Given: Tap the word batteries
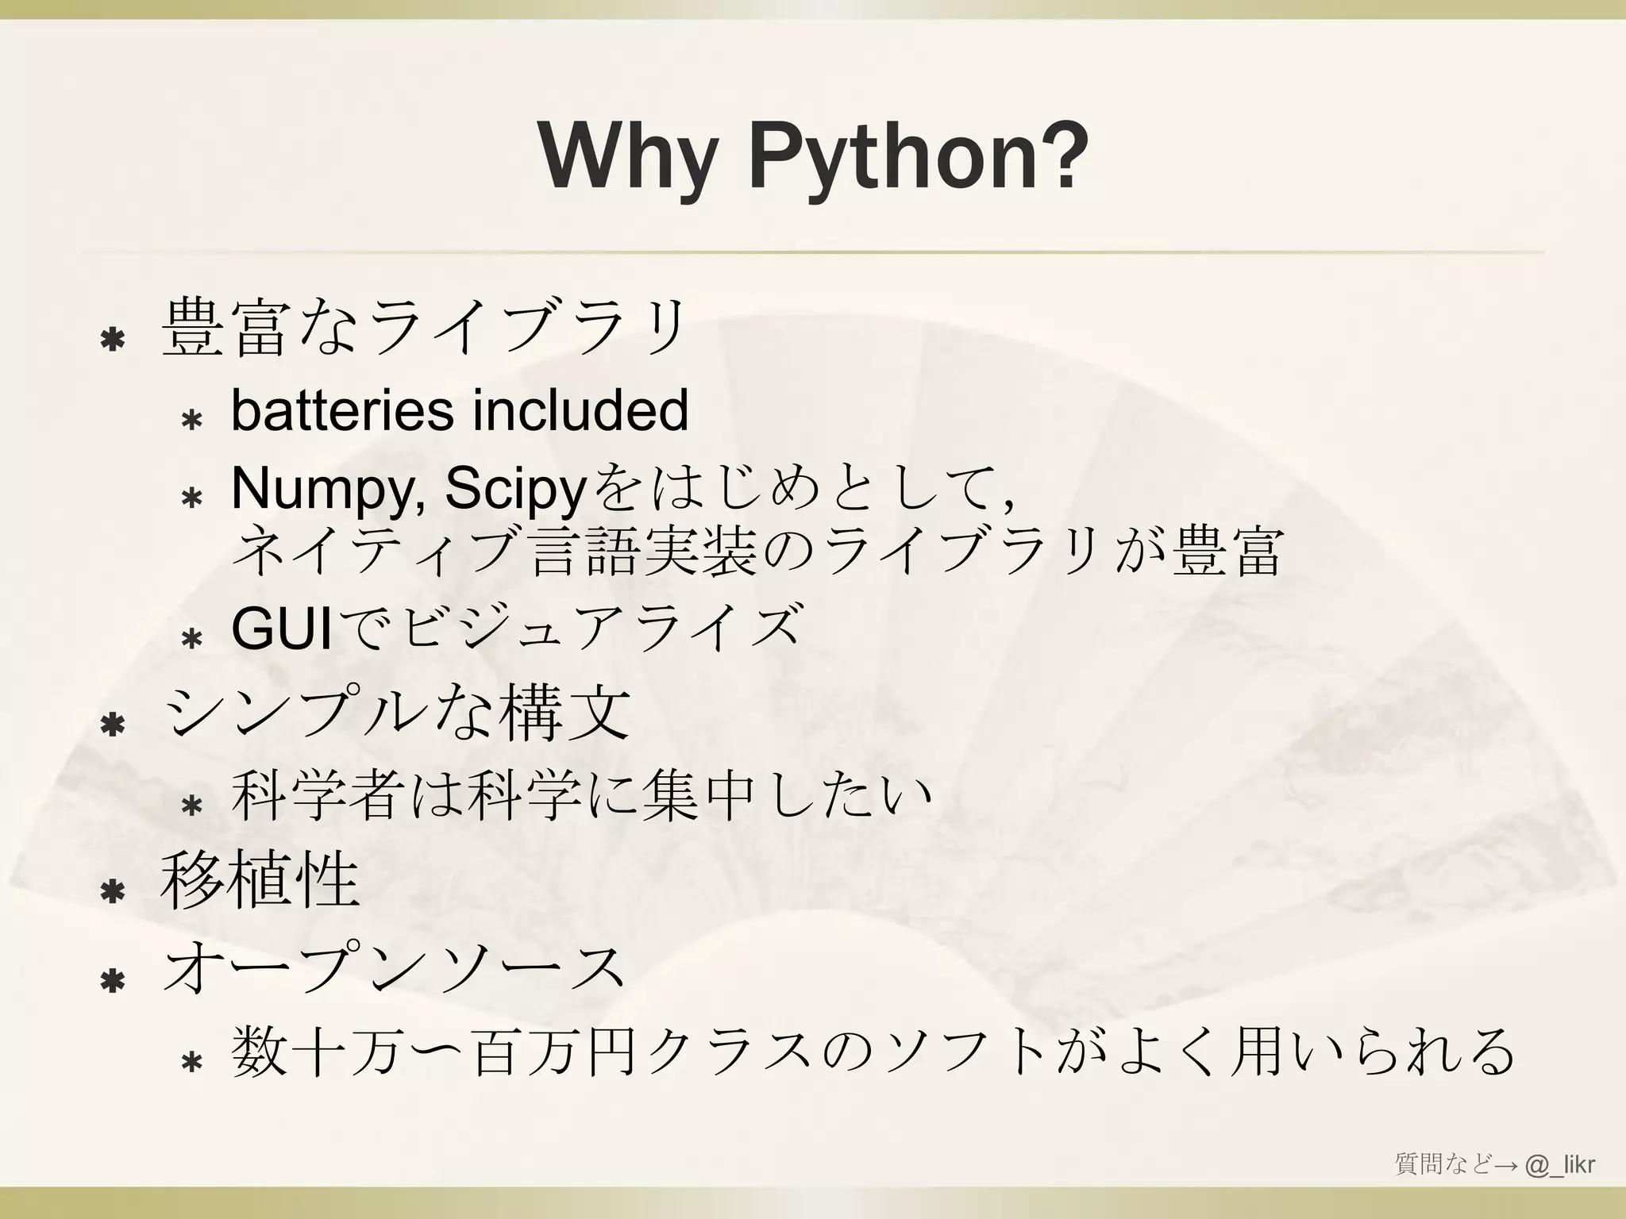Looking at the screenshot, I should tap(342, 410).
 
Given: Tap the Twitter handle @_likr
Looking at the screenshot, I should tap(1560, 1164).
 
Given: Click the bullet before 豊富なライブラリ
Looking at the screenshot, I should tap(112, 340).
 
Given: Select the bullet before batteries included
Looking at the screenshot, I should tap(191, 420).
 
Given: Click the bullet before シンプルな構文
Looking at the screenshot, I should tap(112, 725).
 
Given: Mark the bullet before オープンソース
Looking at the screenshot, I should tap(112, 981).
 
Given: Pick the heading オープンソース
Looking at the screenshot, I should tap(393, 970).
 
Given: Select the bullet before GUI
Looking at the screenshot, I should tap(191, 638).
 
